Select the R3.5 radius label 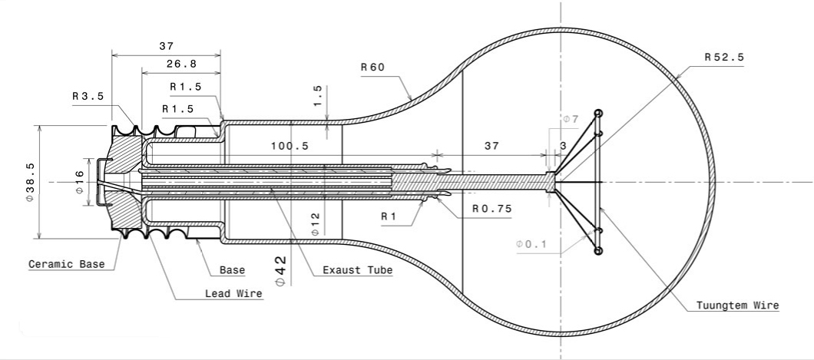[88, 97]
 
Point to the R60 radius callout [372, 67]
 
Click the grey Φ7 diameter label [570, 120]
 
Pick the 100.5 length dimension [290, 146]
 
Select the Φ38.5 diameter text [30, 181]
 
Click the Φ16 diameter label [79, 181]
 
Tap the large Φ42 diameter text [280, 271]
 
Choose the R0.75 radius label [491, 208]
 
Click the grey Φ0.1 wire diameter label [532, 243]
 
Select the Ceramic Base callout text [66, 264]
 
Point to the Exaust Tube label [357, 270]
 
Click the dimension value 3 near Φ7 [563, 146]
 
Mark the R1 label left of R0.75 [389, 216]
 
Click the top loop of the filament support [598, 113]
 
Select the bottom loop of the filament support [598, 251]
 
